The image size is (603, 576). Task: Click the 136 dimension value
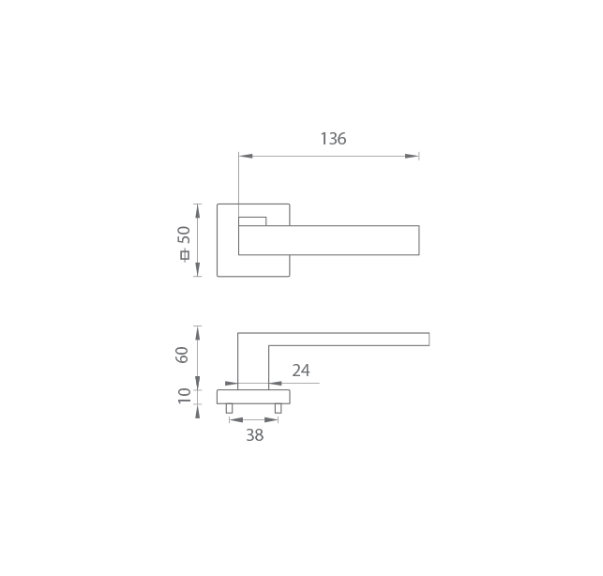point(334,139)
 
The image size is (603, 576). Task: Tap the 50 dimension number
point(184,235)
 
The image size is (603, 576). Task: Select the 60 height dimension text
point(182,355)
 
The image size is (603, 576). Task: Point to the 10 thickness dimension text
point(184,396)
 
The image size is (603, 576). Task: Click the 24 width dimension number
point(301,371)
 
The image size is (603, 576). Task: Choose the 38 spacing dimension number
point(254,435)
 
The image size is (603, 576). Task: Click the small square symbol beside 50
point(185,255)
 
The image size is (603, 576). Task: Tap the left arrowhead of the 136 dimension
point(246,156)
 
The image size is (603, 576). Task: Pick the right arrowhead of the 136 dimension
point(412,156)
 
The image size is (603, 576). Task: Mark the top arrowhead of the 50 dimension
point(198,211)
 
